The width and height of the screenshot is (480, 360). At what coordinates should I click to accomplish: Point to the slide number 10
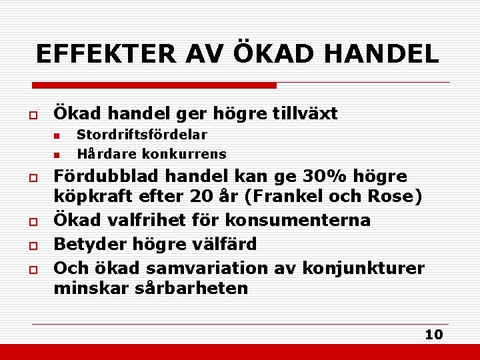pyautogui.click(x=434, y=335)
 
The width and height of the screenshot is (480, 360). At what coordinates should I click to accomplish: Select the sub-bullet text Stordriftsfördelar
pyautogui.click(x=142, y=135)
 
